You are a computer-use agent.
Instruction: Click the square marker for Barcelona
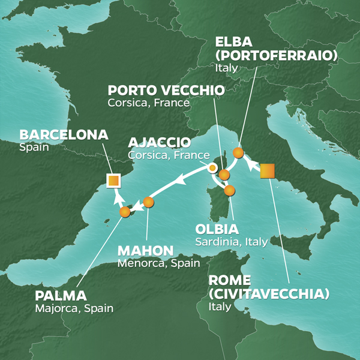click(x=112, y=180)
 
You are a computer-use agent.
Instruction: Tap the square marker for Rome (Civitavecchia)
click(x=268, y=171)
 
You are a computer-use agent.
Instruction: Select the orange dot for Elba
click(x=238, y=153)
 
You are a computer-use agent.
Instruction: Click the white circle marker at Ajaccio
click(x=212, y=168)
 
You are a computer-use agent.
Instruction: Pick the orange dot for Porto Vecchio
click(x=224, y=175)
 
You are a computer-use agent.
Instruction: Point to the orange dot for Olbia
click(x=230, y=191)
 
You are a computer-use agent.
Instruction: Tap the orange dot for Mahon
click(x=149, y=202)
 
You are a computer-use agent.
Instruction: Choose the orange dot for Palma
click(x=125, y=212)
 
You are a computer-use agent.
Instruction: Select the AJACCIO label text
click(x=160, y=143)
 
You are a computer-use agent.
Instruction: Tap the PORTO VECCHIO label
click(x=166, y=91)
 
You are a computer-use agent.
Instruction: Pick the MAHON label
click(x=146, y=250)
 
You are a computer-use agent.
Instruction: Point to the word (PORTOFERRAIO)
click(x=277, y=56)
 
